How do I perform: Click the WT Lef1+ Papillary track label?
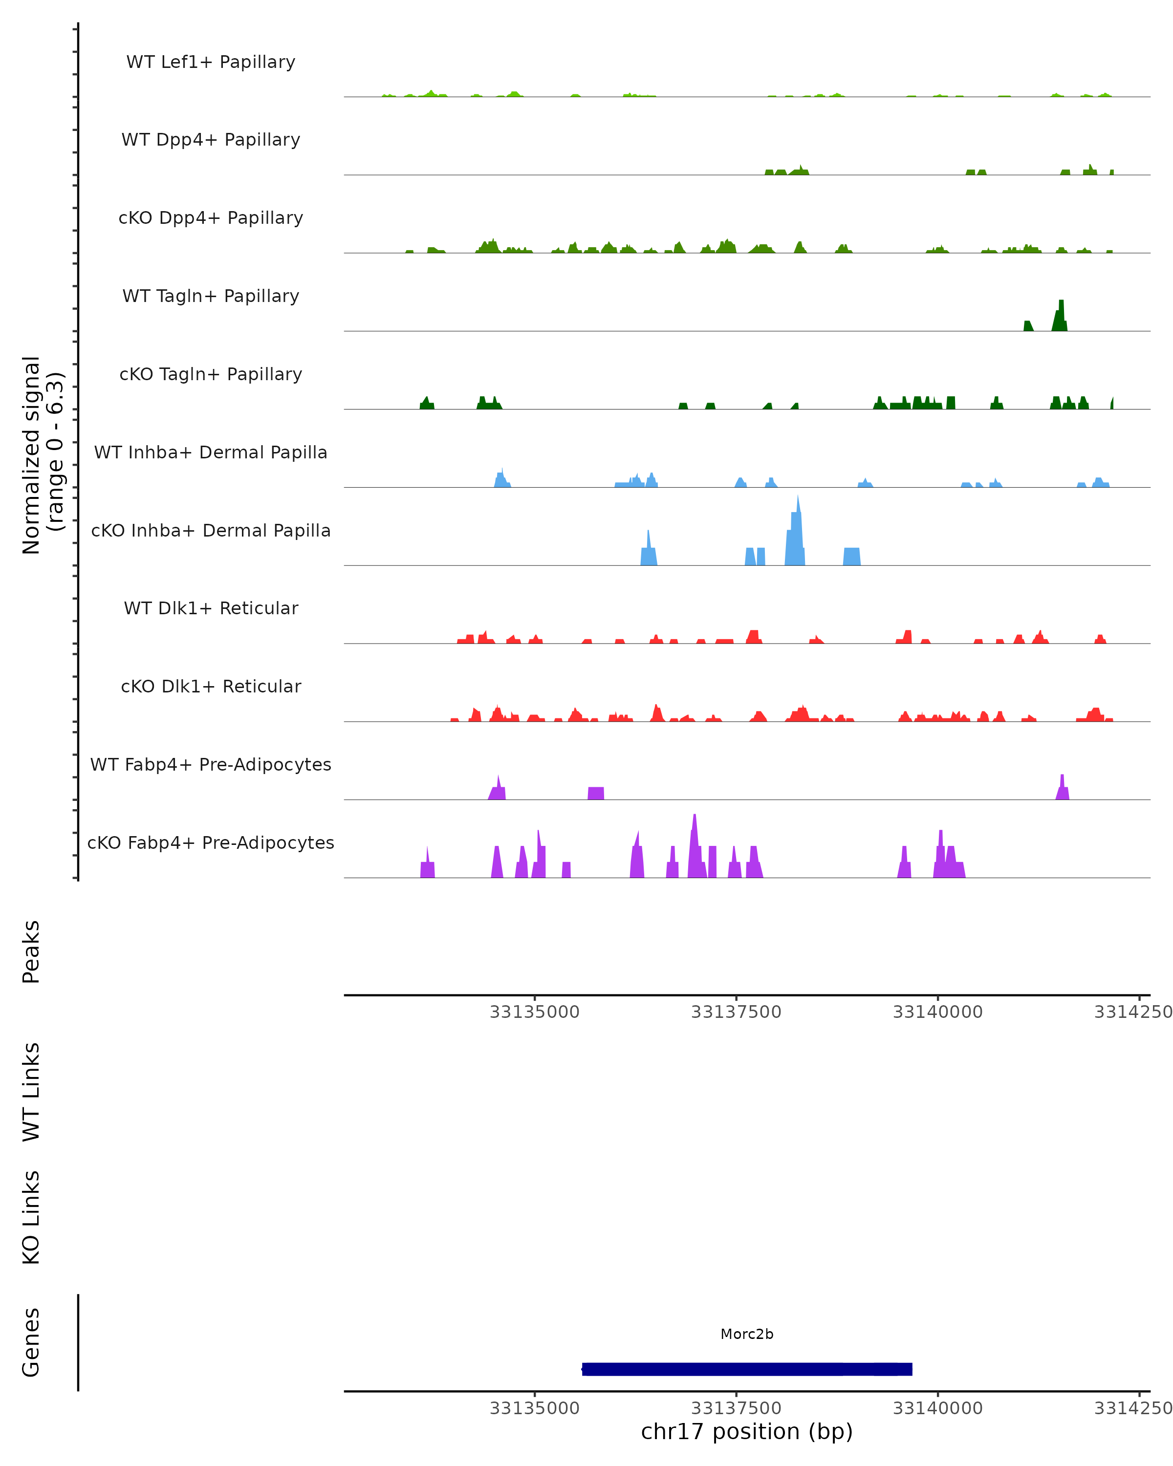point(211,62)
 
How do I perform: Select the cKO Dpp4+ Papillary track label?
point(211,217)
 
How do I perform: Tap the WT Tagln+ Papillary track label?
point(211,296)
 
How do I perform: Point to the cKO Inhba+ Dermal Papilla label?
point(211,530)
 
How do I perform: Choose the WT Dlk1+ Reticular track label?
point(211,608)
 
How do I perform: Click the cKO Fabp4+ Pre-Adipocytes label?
point(211,842)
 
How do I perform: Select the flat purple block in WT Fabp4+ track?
point(596,793)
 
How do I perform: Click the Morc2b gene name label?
point(747,1334)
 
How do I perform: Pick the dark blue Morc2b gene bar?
point(747,1369)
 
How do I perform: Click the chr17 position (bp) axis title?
point(747,1431)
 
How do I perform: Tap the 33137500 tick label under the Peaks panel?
point(736,1013)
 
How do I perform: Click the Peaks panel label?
point(31,951)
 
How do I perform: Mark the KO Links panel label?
point(31,1217)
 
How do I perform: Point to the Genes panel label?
point(31,1342)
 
